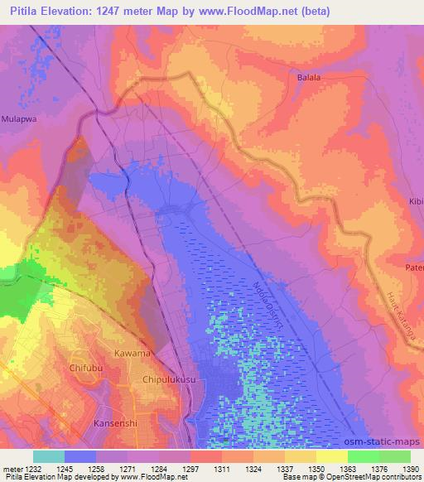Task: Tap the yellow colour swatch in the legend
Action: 332,456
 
